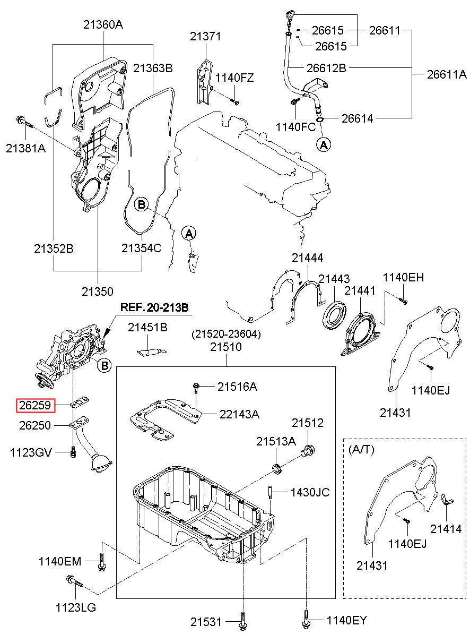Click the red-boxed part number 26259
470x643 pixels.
(x=35, y=405)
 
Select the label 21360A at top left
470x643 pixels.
(x=103, y=24)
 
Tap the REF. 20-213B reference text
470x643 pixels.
(x=154, y=307)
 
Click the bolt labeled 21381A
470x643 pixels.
(x=25, y=122)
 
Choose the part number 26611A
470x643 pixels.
(x=447, y=74)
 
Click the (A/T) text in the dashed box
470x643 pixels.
(x=361, y=449)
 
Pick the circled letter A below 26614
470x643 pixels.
(x=324, y=145)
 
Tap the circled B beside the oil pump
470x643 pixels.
(x=105, y=366)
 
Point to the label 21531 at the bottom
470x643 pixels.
(x=206, y=622)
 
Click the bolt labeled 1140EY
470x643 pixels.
(x=306, y=620)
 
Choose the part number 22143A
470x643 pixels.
(x=239, y=414)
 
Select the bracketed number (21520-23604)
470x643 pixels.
(x=227, y=334)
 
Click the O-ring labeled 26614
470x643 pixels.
(x=320, y=119)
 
